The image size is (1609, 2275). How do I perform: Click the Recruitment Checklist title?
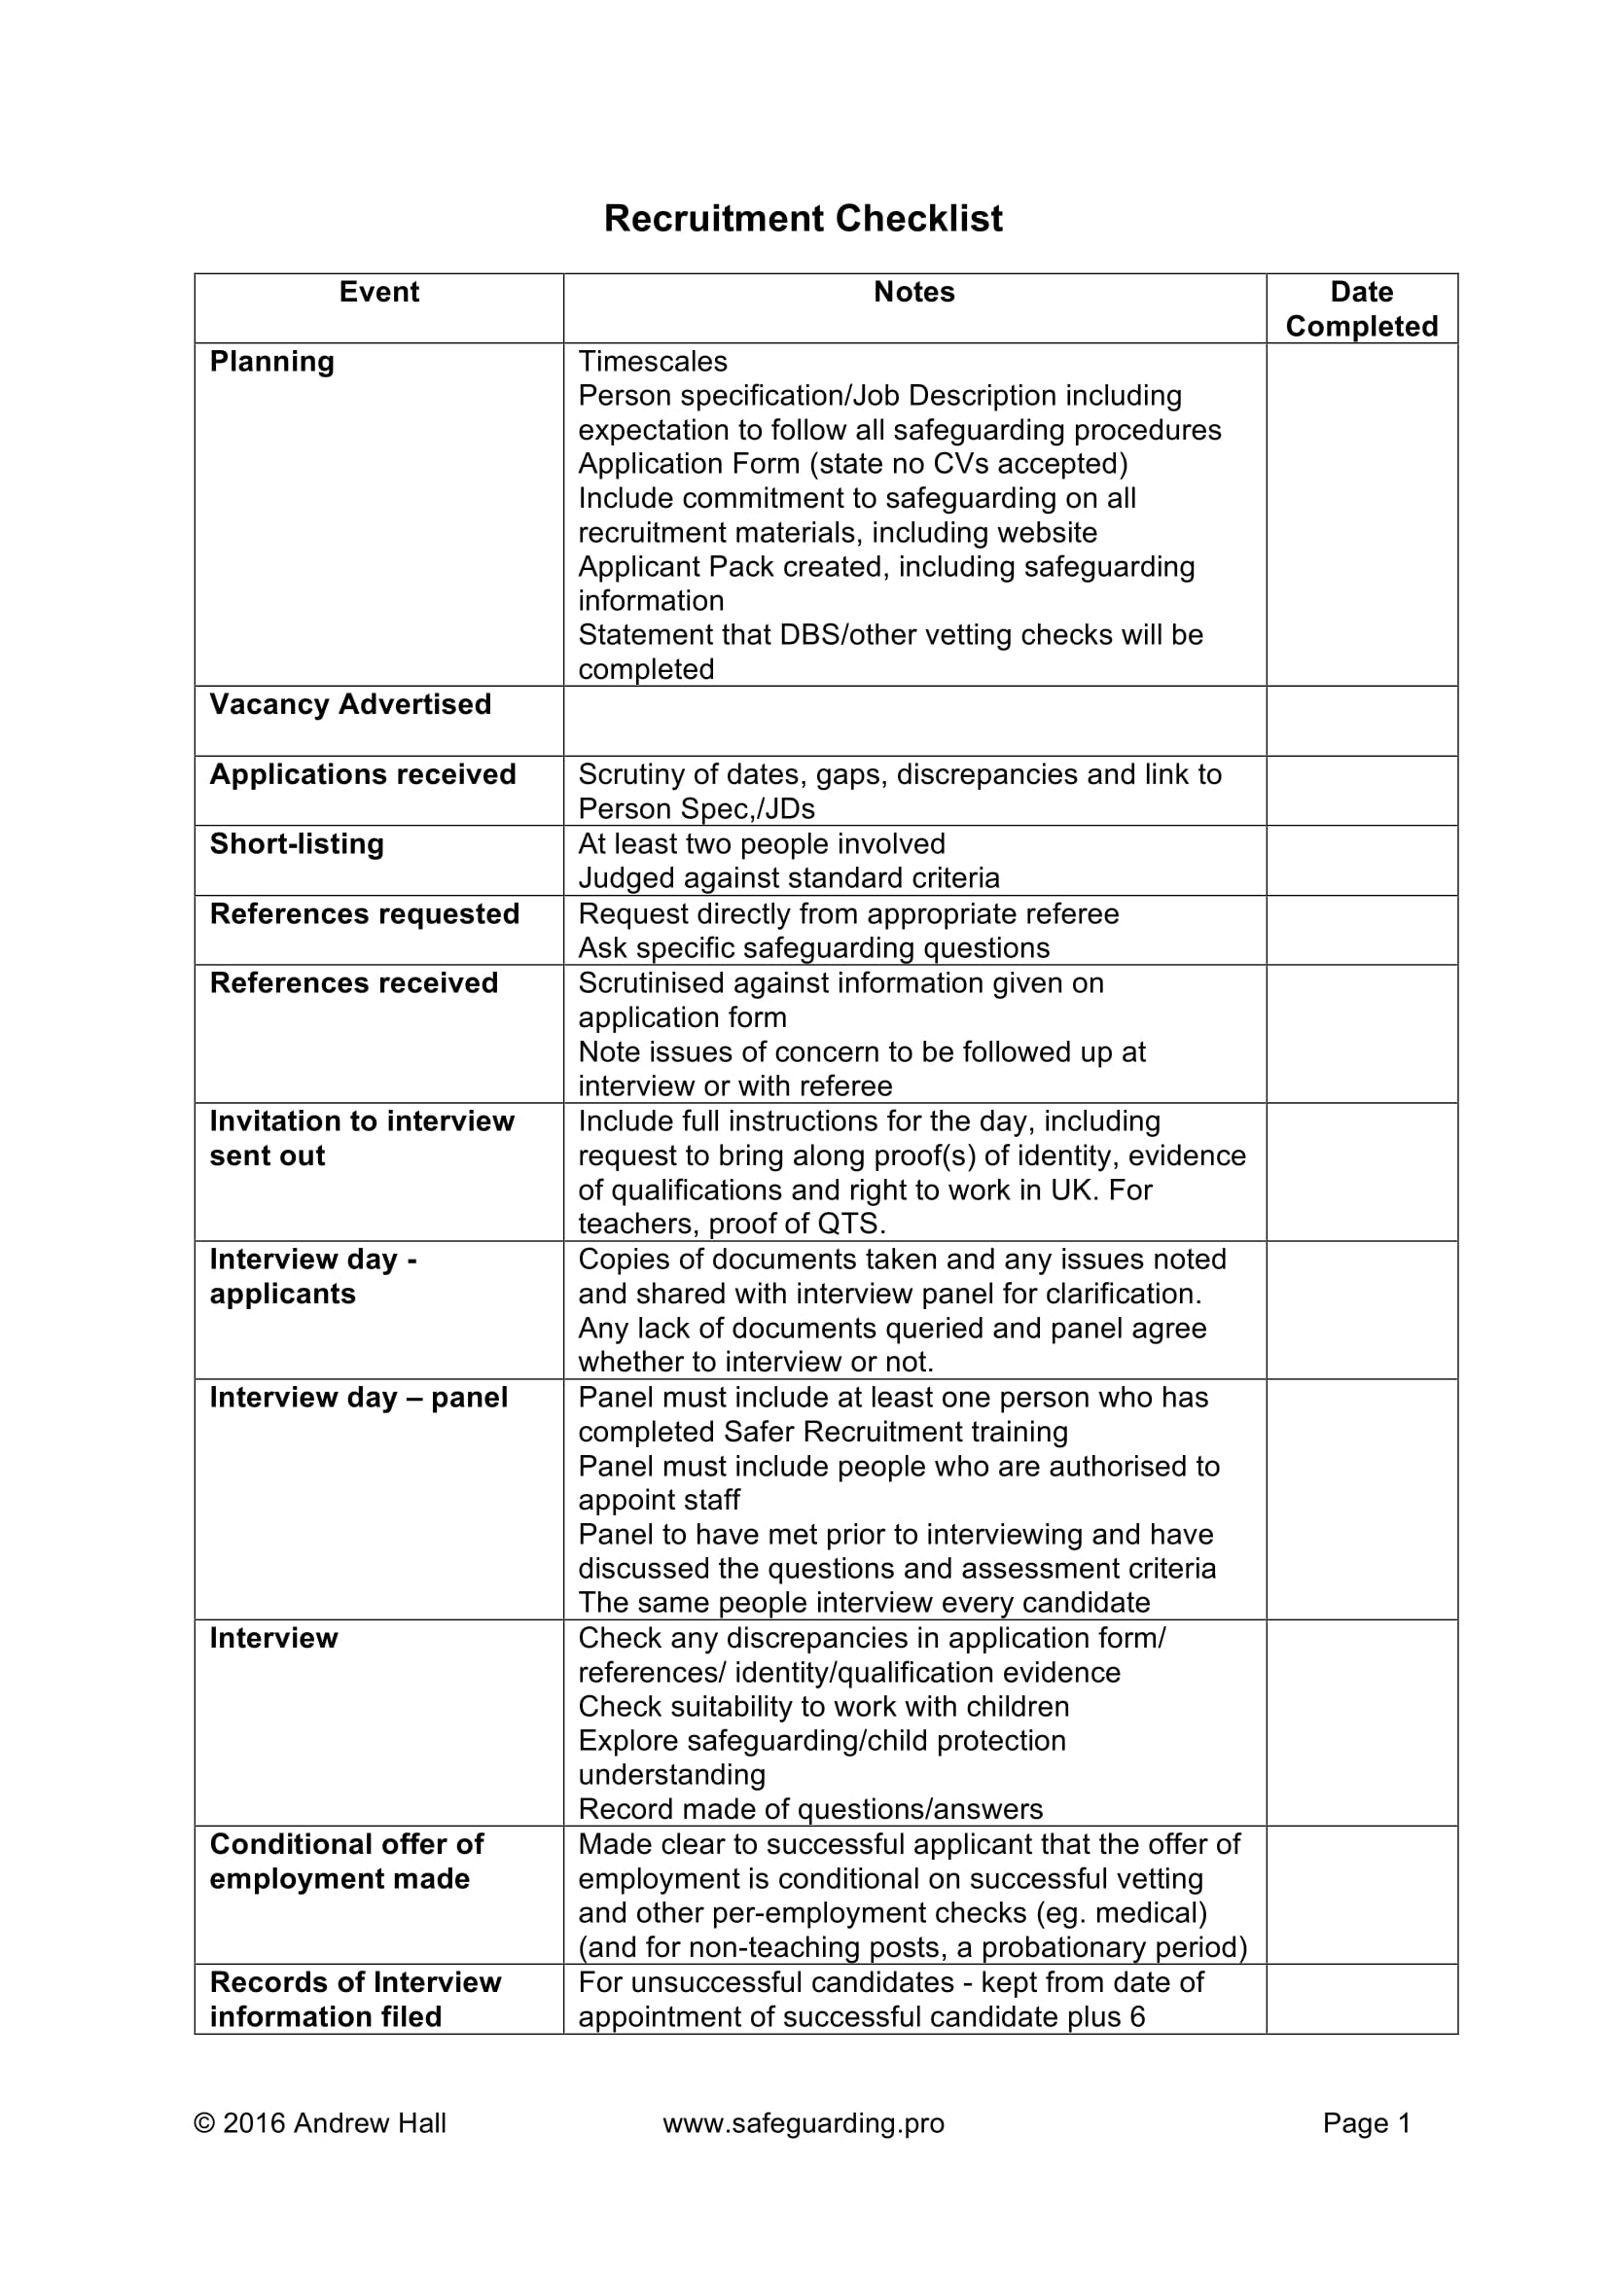(x=803, y=219)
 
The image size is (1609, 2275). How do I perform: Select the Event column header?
(x=378, y=293)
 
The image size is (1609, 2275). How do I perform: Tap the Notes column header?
(x=913, y=293)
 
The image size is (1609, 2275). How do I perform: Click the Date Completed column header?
(x=1361, y=309)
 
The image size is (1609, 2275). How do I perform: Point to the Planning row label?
(x=271, y=362)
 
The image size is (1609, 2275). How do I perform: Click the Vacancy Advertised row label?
(x=350, y=704)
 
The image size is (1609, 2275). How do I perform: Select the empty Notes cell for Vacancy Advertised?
(x=913, y=722)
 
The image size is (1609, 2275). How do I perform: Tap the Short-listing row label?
(x=297, y=844)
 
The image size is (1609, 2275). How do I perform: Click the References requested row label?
(x=364, y=913)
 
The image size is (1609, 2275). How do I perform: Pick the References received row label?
(x=354, y=983)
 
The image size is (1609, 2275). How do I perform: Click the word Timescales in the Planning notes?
(x=652, y=362)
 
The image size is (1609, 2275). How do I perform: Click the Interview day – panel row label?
(x=358, y=1397)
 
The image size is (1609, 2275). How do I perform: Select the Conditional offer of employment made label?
(x=345, y=1861)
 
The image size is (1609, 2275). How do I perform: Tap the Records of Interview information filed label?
(x=355, y=1999)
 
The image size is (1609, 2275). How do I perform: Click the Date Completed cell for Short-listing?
(x=1361, y=860)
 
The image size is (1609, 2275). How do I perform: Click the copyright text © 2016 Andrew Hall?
(x=320, y=2122)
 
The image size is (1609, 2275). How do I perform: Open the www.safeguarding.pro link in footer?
(x=803, y=2122)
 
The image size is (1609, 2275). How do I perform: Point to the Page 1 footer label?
(x=1365, y=2122)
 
